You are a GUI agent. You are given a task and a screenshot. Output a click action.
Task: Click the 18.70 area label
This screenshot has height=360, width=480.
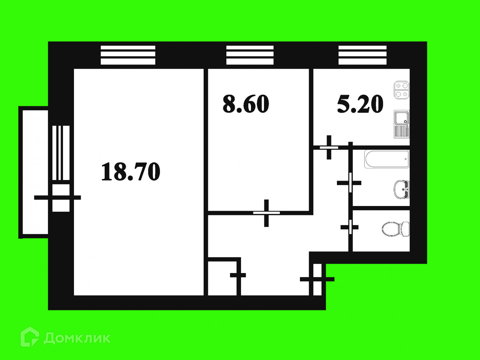tap(131, 172)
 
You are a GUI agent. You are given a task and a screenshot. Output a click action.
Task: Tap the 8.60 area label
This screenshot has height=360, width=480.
tap(246, 104)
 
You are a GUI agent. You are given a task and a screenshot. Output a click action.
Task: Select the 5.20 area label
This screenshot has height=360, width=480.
tap(360, 104)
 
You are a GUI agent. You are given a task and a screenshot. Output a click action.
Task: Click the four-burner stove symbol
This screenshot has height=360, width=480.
tap(401, 90)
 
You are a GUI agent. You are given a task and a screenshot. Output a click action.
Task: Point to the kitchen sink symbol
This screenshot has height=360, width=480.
tap(401, 124)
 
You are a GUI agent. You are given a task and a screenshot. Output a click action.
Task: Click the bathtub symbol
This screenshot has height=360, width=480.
tap(387, 159)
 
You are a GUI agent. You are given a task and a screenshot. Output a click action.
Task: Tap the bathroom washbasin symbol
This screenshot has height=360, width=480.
tap(402, 189)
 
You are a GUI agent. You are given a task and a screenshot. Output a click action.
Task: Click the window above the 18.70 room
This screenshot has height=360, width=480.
tap(128, 55)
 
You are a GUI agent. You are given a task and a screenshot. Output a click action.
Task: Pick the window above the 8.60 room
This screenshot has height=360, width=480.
tap(250, 55)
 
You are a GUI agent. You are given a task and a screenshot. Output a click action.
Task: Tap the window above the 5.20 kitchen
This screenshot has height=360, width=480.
tap(362, 55)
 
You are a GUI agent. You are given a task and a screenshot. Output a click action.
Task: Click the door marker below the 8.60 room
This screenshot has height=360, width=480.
tap(266, 213)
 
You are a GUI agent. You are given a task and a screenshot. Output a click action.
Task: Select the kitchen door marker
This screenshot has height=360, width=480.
tap(329, 147)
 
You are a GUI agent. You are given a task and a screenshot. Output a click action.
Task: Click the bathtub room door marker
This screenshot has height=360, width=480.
tap(350, 183)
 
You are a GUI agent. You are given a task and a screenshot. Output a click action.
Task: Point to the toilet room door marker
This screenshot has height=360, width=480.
tap(350, 227)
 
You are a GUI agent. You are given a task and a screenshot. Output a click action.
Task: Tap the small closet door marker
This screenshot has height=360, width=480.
tap(238, 275)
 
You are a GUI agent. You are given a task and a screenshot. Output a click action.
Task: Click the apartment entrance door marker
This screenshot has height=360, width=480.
tap(317, 279)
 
